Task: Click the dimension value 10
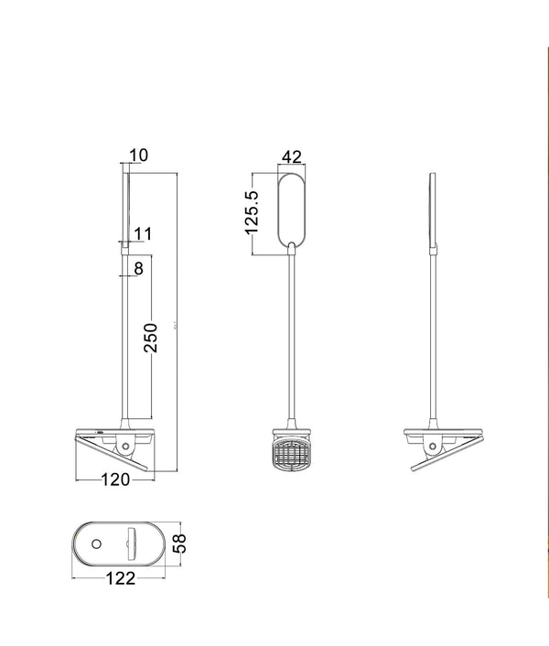139,156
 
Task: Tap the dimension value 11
142,234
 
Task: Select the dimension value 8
138,268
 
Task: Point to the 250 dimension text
152,338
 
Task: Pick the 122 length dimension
120,578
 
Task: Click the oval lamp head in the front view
290,206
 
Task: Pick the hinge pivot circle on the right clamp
435,446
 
